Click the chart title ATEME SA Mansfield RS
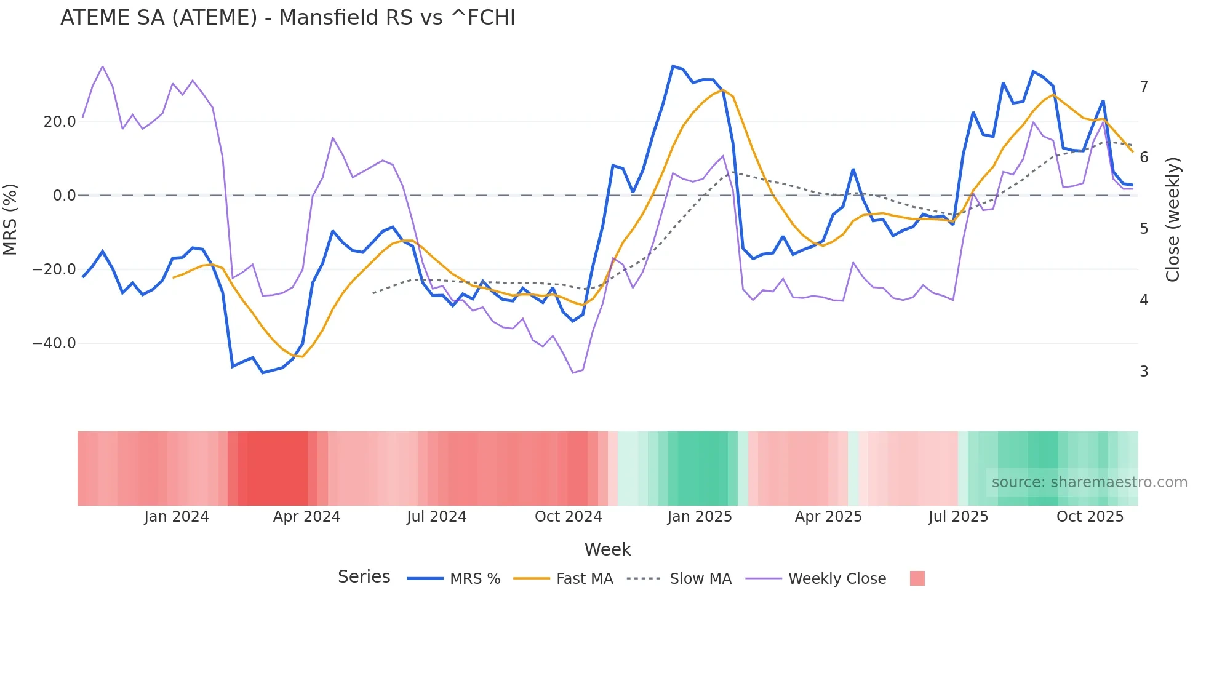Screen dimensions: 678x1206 [x=287, y=18]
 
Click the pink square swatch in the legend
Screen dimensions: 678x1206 [x=917, y=578]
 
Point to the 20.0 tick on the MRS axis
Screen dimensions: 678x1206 [x=60, y=122]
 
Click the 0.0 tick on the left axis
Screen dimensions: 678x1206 [x=64, y=196]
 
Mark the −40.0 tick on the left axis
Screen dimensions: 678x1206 [x=54, y=343]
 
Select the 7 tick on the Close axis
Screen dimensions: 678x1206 [x=1144, y=87]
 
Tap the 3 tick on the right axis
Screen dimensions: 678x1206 [x=1144, y=372]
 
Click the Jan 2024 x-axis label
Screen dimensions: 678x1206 [x=177, y=517]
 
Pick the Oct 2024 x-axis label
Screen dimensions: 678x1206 [x=568, y=517]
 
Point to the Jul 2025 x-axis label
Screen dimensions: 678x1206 [x=958, y=517]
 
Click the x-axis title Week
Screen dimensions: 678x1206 [x=607, y=549]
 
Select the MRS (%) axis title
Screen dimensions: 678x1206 [x=10, y=219]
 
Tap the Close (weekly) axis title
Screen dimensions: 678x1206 [x=1173, y=219]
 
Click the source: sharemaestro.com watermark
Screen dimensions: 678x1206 [x=1089, y=482]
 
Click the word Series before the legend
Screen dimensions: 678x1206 [x=364, y=577]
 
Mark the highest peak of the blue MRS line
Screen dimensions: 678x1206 [x=673, y=66]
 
